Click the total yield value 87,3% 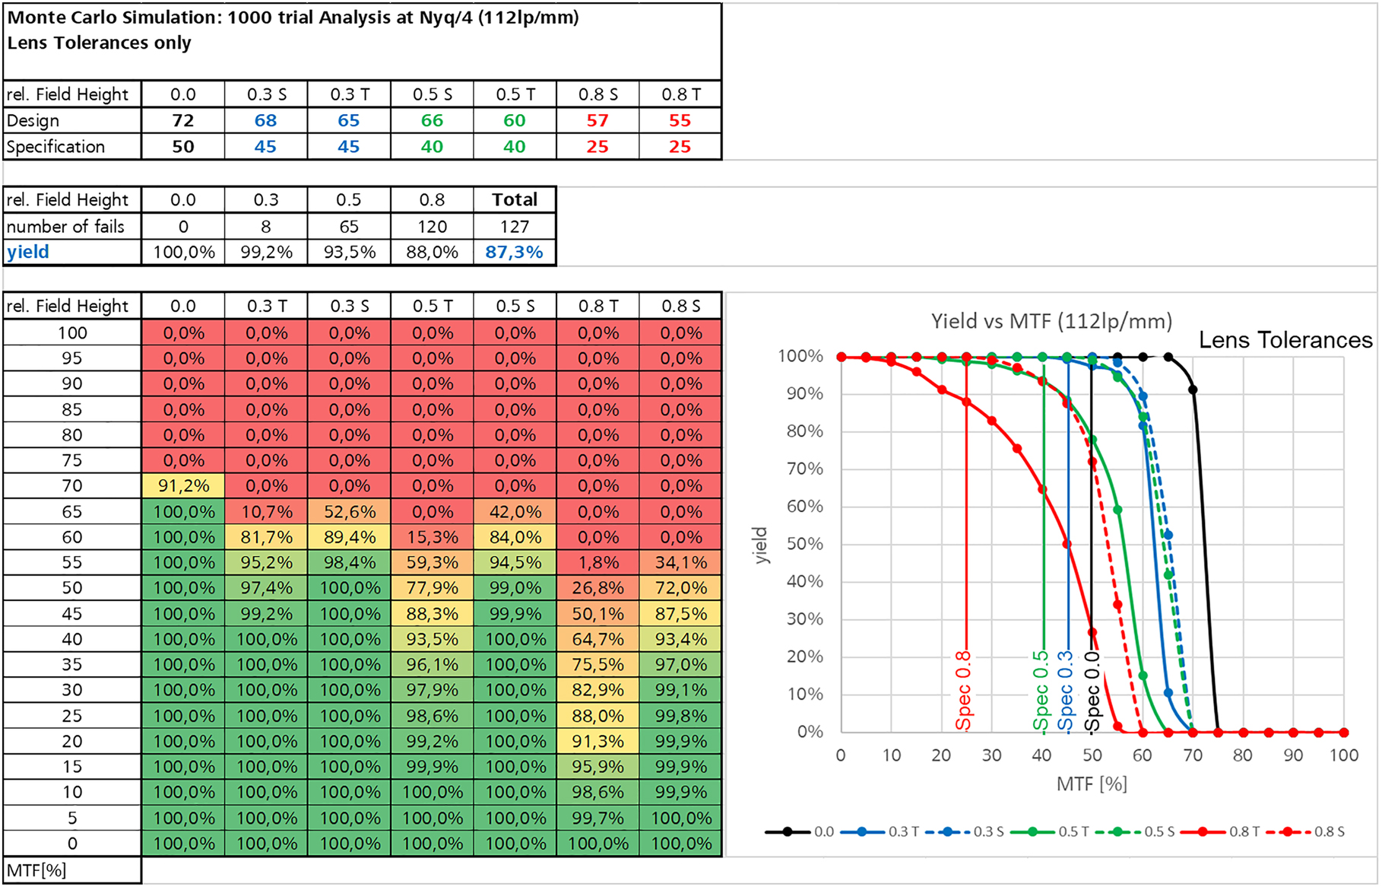point(514,252)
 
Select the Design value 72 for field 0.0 point(182,120)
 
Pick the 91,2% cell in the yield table point(182,485)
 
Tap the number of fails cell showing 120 point(432,226)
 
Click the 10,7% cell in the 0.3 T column point(266,511)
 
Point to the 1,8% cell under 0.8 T point(597,562)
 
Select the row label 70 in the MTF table point(72,485)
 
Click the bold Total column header point(514,199)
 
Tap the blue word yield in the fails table point(28,252)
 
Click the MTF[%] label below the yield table point(36,870)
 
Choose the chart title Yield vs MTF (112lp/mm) point(1051,321)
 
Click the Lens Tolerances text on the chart point(1285,340)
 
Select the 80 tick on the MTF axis point(1242,755)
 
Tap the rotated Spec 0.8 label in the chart point(963,691)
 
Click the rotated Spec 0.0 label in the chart point(1092,691)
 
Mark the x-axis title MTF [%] point(1092,784)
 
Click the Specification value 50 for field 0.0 point(182,146)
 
